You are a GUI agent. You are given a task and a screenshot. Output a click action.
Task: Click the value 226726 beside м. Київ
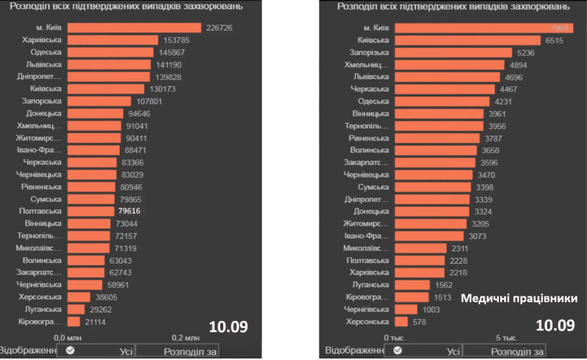(219, 28)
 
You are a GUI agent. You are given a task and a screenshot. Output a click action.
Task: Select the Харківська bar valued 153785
(112, 40)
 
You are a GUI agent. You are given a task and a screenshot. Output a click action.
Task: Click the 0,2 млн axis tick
(186, 338)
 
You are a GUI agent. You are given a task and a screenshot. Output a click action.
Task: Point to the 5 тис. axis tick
(507, 338)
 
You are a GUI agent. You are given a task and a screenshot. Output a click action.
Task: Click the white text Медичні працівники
(519, 299)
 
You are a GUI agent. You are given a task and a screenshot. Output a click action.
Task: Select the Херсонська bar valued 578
(401, 322)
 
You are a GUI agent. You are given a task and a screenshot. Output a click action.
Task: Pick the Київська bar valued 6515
(467, 40)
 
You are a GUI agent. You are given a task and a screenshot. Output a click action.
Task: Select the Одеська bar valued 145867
(110, 52)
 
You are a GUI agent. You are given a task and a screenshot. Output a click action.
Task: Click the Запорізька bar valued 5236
(453, 52)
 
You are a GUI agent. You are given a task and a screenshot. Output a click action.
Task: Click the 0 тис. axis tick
(394, 338)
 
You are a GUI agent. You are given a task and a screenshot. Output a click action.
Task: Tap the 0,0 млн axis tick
(66, 338)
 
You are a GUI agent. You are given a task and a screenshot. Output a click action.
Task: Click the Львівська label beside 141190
(46, 64)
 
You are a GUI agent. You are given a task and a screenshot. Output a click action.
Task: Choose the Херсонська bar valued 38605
(79, 297)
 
